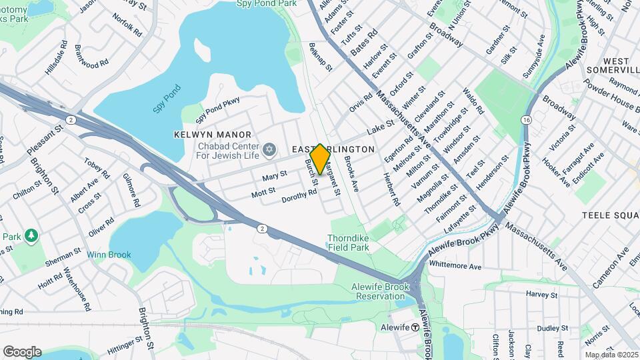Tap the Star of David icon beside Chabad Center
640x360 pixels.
point(270,149)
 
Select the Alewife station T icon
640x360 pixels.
point(415,327)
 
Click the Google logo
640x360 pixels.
point(22,351)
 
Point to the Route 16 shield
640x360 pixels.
point(527,119)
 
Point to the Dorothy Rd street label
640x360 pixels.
point(299,195)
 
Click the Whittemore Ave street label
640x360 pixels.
point(455,265)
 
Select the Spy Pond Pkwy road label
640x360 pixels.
point(217,111)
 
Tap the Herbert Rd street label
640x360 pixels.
point(391,189)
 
